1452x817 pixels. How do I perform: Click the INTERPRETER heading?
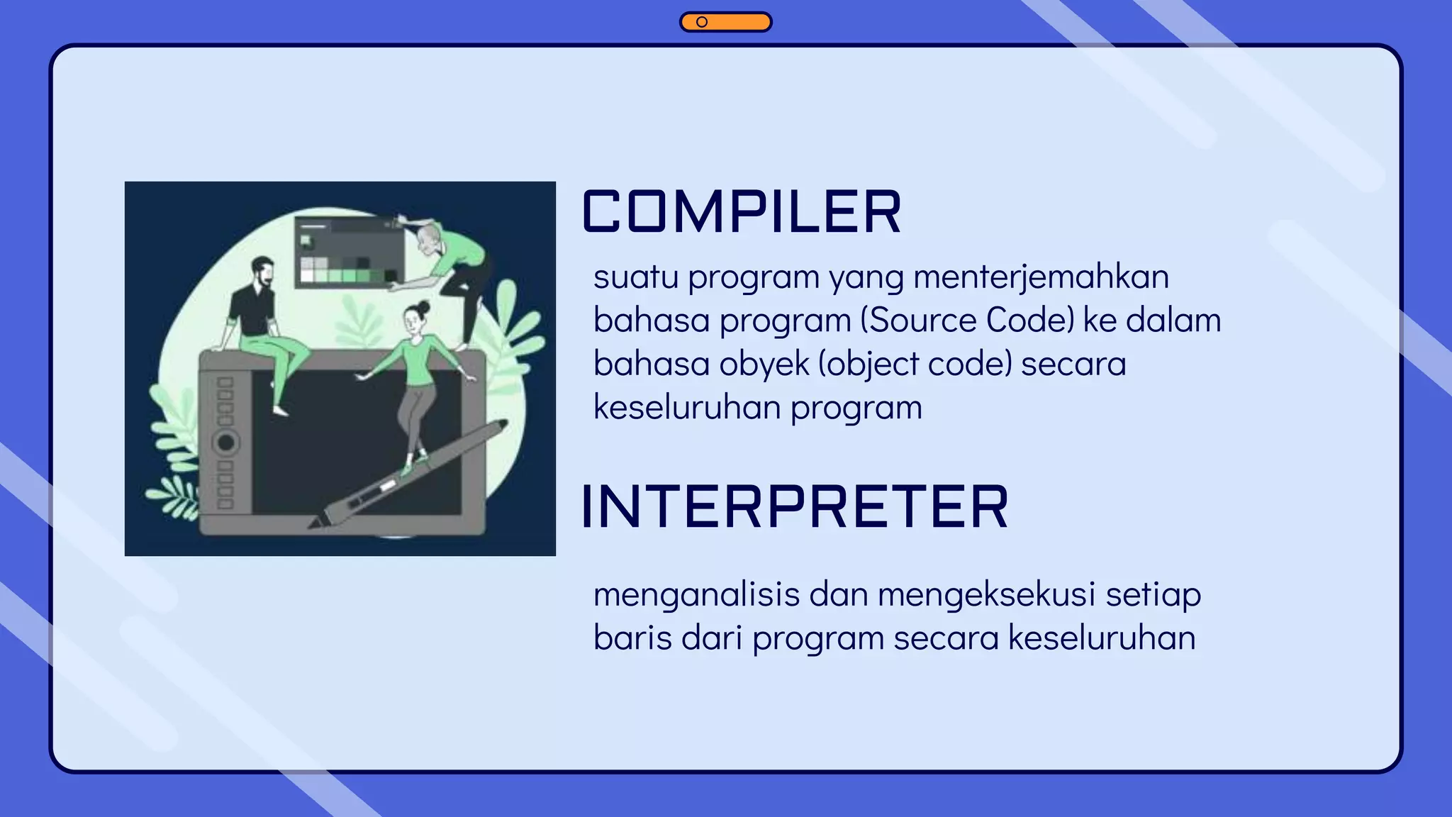click(x=794, y=507)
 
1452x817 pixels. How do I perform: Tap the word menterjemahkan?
click(x=1041, y=277)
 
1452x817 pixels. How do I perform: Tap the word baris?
click(x=632, y=638)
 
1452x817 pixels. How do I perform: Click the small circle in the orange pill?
click(x=701, y=22)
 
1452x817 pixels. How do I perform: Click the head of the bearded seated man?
click(x=262, y=272)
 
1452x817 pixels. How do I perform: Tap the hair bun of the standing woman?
click(x=424, y=306)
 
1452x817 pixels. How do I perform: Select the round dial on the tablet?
click(x=225, y=443)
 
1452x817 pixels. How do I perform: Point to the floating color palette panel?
click(x=349, y=252)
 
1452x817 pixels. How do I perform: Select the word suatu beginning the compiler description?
click(x=635, y=277)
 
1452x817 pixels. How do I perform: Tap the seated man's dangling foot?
click(x=281, y=411)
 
